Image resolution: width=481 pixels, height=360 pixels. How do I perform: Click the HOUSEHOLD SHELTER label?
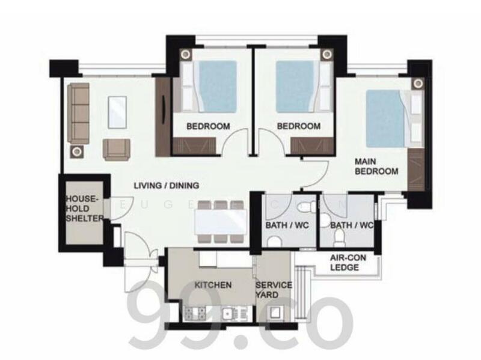coord(85,207)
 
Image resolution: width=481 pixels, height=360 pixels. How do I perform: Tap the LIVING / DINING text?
coord(167,186)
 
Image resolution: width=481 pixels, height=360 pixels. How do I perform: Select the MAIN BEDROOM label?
coord(376,166)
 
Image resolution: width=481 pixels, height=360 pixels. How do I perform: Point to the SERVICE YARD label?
coord(274,290)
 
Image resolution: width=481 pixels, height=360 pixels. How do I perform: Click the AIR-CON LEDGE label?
coord(345,263)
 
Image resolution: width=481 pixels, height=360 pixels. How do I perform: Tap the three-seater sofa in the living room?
coord(78,109)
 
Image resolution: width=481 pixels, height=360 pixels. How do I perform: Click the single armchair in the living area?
coord(116,148)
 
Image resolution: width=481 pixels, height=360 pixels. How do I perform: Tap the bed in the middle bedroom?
coord(295,85)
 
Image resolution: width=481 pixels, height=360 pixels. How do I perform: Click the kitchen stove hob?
coord(195,313)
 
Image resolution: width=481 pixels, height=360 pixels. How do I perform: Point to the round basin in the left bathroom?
coord(274,242)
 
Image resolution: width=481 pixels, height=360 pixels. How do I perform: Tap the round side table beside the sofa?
coord(78,150)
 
